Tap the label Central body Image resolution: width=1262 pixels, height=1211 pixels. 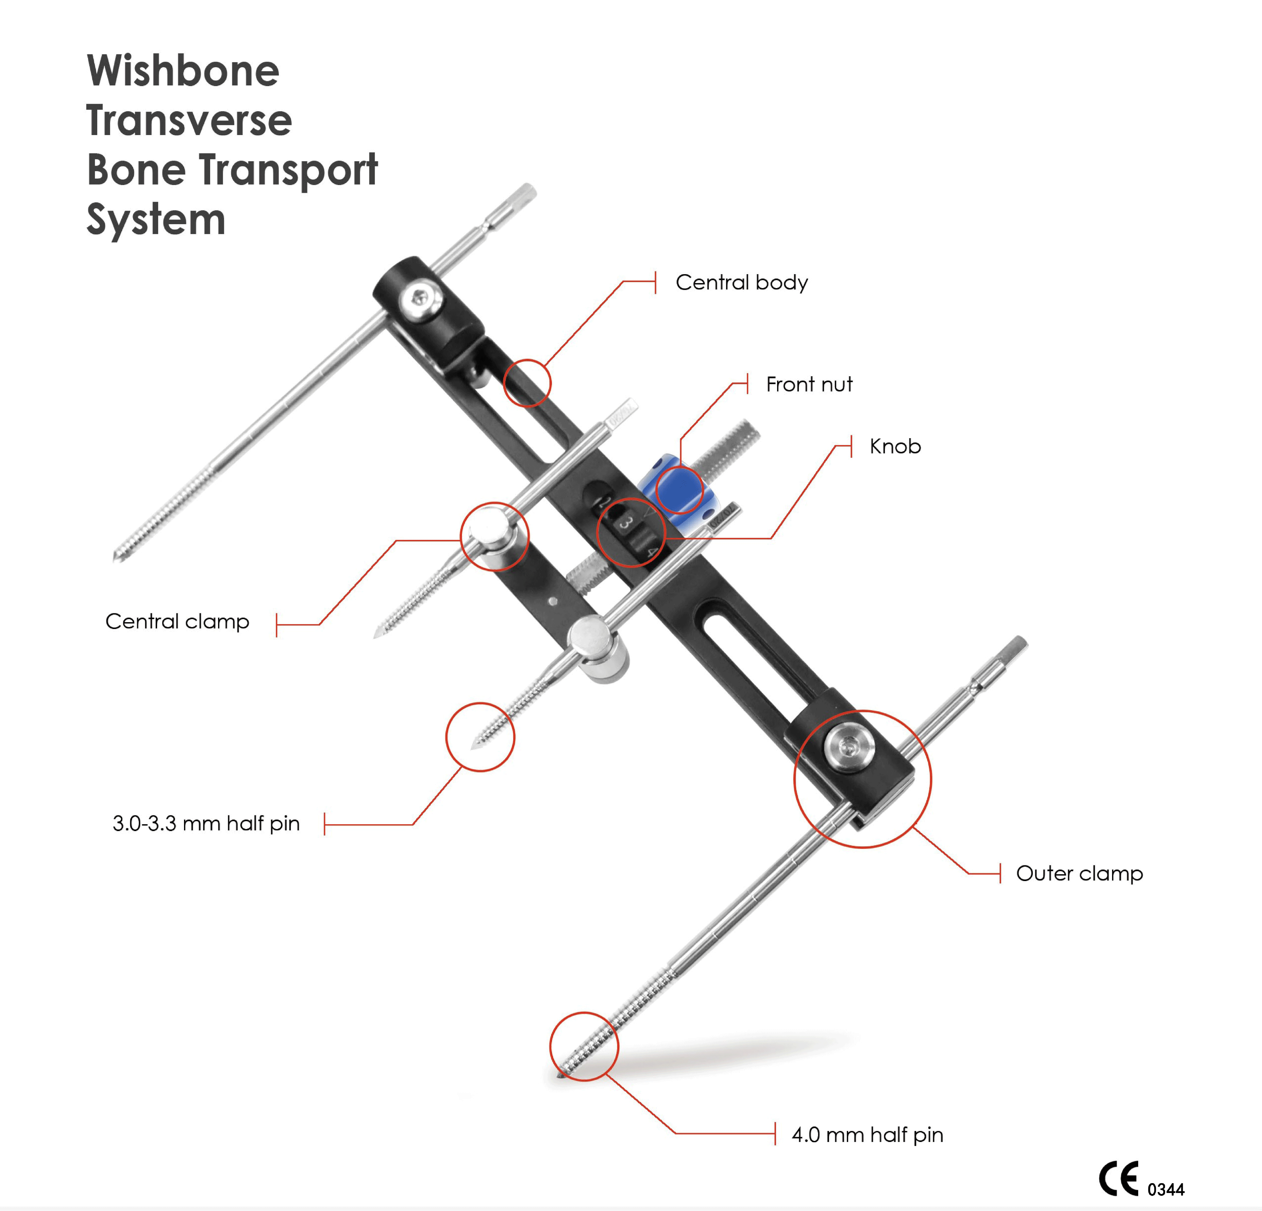point(741,282)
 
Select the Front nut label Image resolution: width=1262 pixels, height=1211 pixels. point(809,384)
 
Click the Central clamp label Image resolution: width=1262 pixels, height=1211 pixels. point(177,621)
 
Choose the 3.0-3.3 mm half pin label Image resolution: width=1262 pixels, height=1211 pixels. point(206,823)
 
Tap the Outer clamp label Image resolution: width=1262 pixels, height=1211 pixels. point(1079,874)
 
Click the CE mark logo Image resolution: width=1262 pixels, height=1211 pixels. point(1118,1179)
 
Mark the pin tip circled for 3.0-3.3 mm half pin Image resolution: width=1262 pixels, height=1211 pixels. point(475,745)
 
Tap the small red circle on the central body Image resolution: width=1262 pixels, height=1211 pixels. point(527,383)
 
